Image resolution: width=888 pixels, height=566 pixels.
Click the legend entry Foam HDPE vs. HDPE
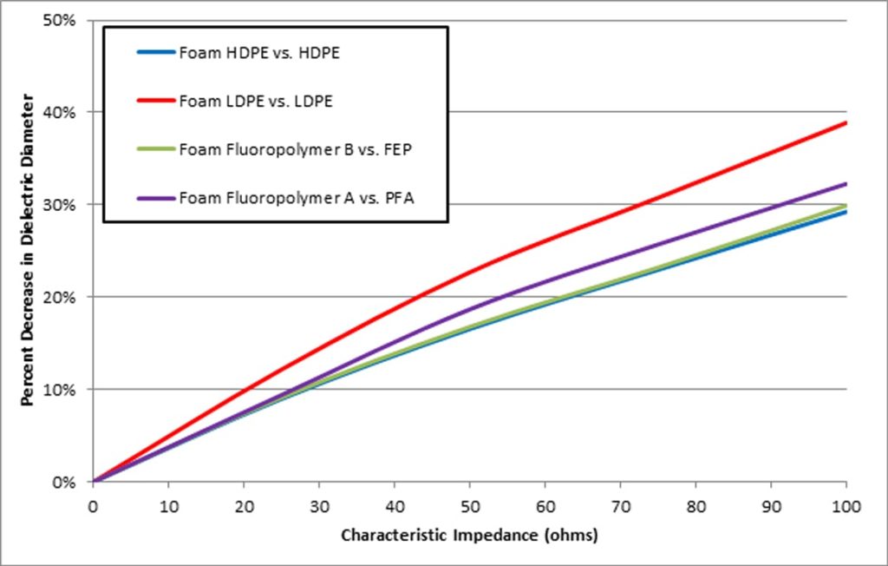click(258, 53)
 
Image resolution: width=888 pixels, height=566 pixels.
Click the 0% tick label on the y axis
click(68, 482)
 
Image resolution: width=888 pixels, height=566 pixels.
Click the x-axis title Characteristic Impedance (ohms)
click(469, 536)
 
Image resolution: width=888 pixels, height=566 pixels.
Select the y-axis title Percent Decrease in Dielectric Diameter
click(28, 252)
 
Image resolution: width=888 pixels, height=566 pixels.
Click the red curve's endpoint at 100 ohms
click(846, 122)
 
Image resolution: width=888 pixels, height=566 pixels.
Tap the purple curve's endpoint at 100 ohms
click(846, 183)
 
